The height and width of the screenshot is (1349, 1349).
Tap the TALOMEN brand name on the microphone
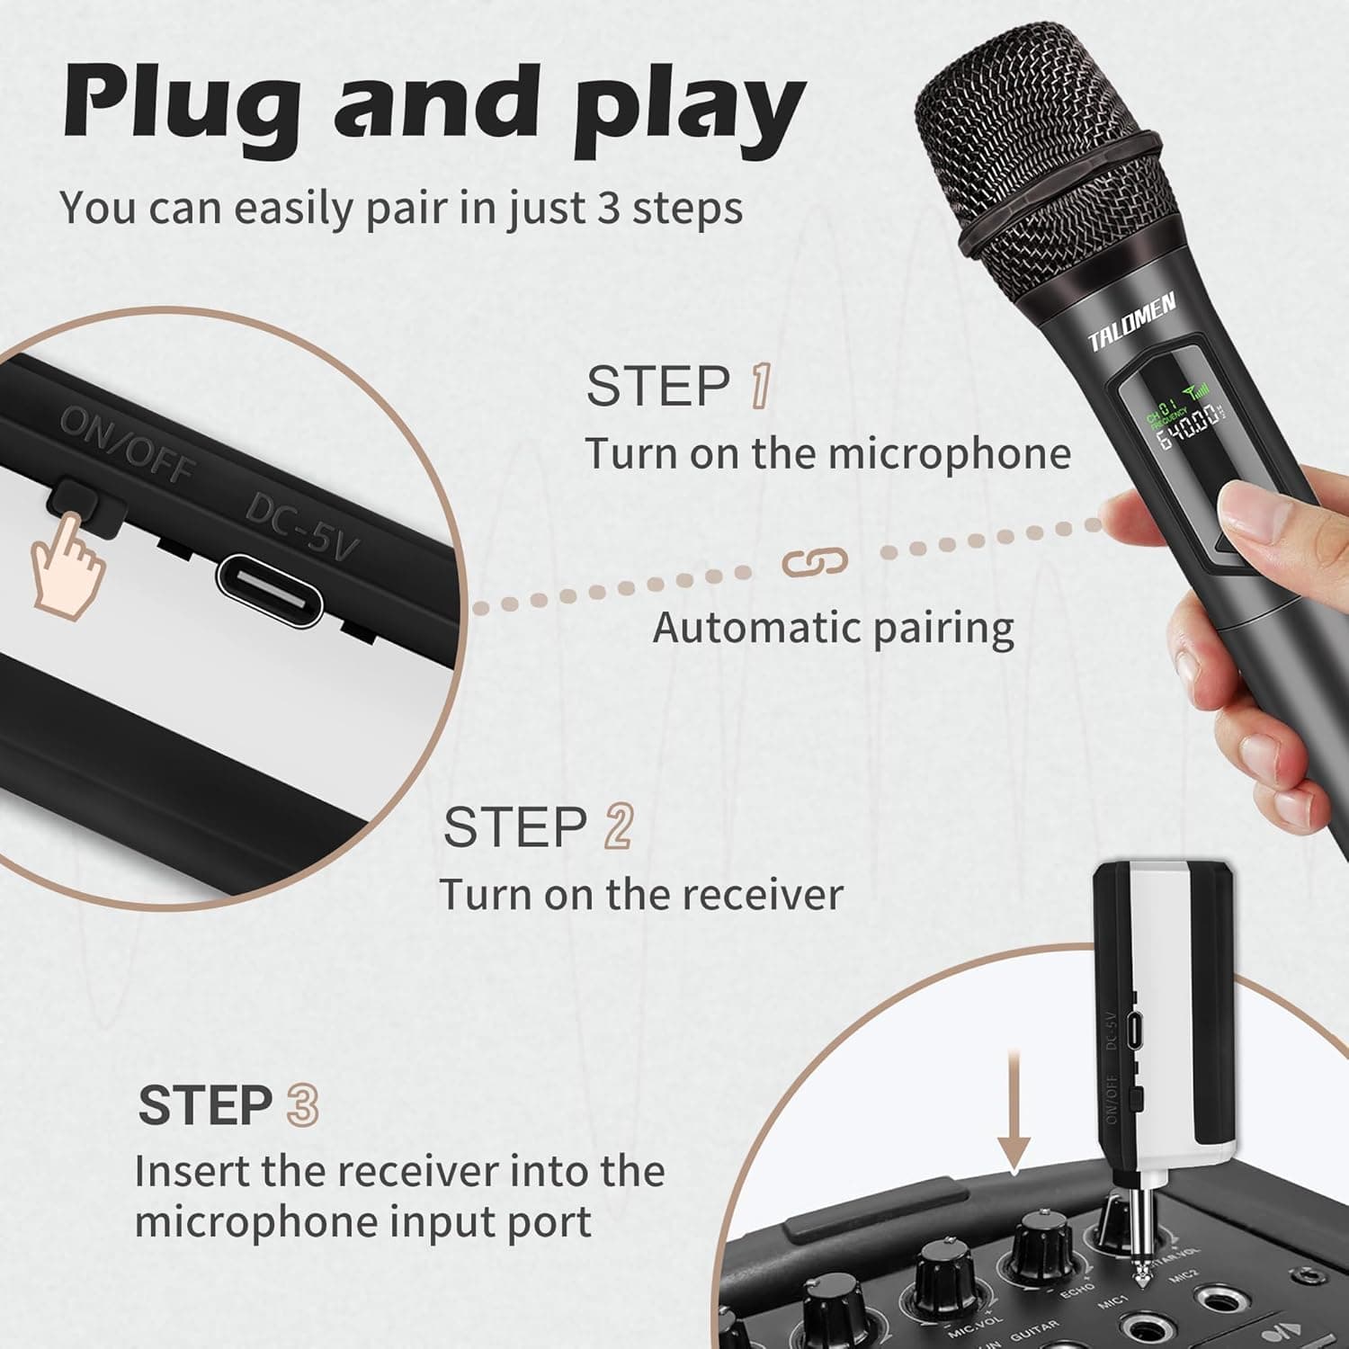click(x=1131, y=322)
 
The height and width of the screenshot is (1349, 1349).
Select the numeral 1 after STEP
click(x=760, y=387)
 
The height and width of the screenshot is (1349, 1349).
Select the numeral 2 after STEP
click(x=619, y=826)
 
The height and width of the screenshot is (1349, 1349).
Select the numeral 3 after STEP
click(x=302, y=1105)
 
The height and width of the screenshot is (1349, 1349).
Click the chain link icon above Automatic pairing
click(x=814, y=563)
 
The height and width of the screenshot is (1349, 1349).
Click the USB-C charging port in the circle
click(x=270, y=590)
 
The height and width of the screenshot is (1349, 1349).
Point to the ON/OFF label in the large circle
click(x=127, y=444)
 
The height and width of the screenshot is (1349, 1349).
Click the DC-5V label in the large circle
click(x=302, y=527)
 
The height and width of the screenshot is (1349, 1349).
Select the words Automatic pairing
click(x=833, y=628)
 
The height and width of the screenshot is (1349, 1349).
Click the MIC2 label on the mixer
click(x=1185, y=1275)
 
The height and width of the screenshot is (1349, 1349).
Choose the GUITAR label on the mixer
click(x=1034, y=1329)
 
